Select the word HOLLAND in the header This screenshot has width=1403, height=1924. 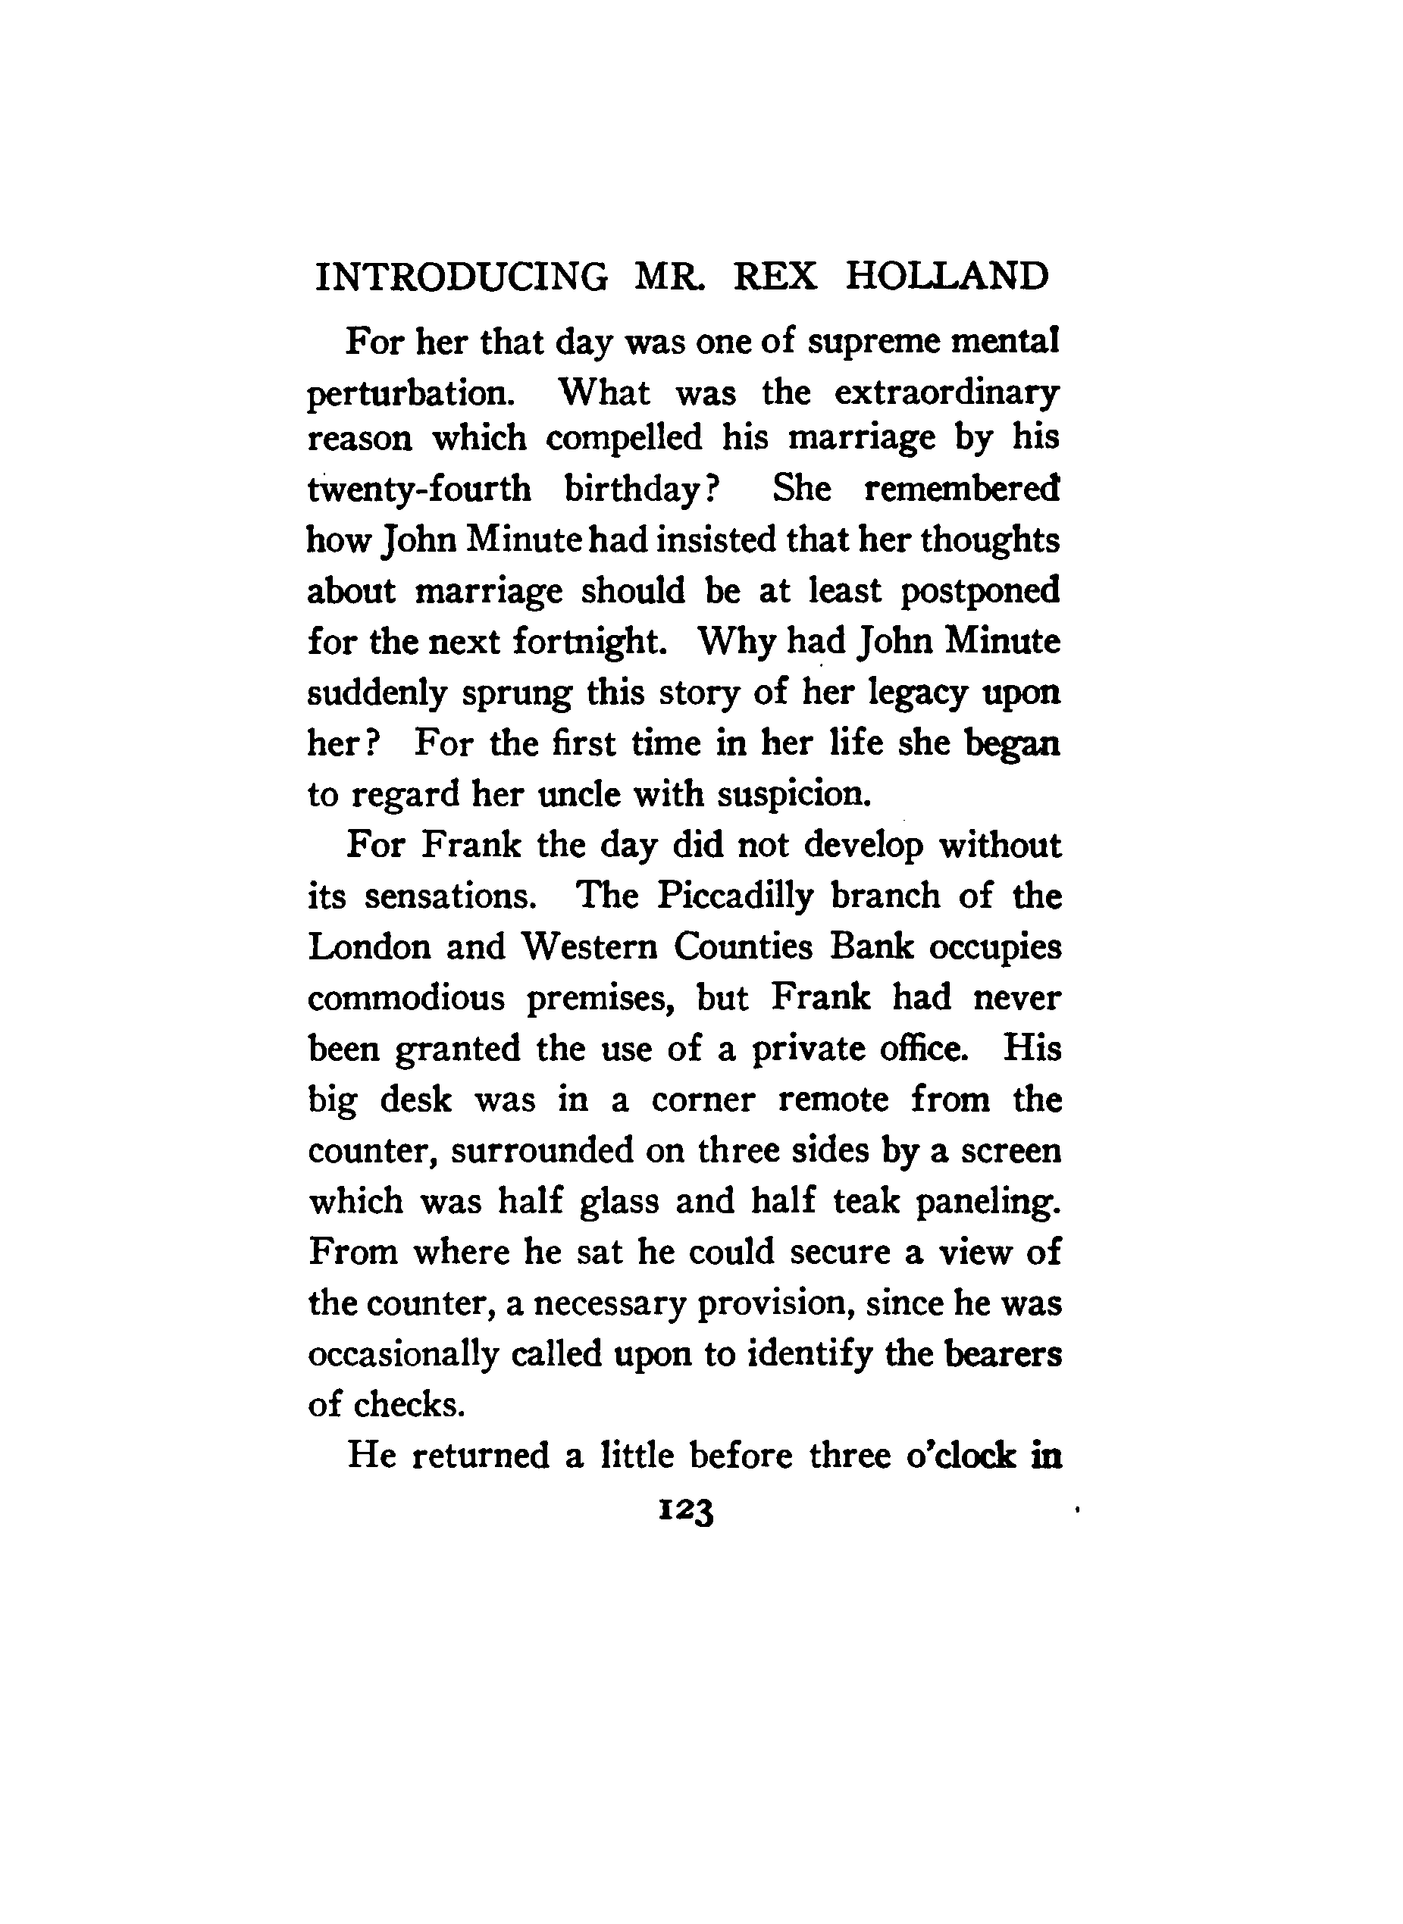coord(947,277)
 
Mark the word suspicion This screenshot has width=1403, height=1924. coord(795,795)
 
